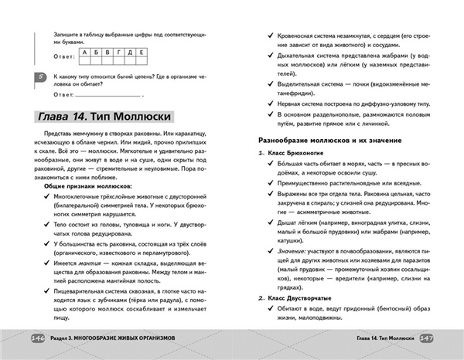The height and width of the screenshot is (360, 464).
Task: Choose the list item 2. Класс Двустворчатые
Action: click(x=294, y=296)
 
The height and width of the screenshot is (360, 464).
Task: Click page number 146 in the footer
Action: click(x=38, y=338)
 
